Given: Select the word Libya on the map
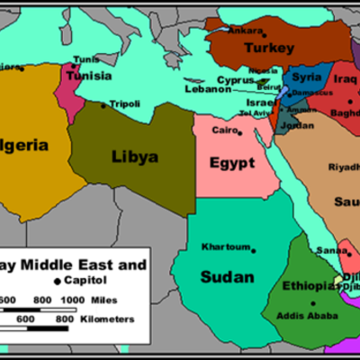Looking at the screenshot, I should coord(135,157).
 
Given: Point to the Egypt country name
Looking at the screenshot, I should coord(233,164).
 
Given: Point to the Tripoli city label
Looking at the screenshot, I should coord(125,103).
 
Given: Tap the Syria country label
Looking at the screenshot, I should coord(307,77).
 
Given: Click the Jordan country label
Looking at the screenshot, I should coord(298,124).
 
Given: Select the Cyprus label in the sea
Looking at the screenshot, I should coord(236,80).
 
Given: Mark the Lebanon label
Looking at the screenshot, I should coord(209,90).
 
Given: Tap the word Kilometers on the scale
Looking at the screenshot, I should coord(105,319).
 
